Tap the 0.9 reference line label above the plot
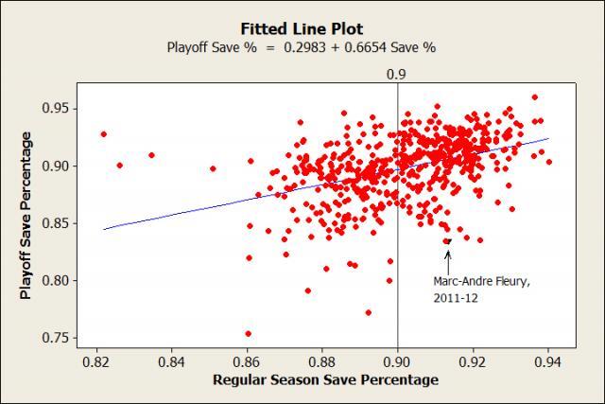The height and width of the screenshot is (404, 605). click(397, 72)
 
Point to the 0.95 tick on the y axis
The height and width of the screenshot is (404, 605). click(57, 108)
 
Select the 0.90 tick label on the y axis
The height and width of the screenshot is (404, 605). click(57, 166)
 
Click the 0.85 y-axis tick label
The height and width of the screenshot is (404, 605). click(57, 223)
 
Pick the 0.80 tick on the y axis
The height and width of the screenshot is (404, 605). click(57, 281)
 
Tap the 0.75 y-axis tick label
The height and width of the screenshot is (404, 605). click(57, 338)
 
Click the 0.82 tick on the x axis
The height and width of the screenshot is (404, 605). click(96, 360)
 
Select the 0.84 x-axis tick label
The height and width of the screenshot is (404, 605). click(171, 360)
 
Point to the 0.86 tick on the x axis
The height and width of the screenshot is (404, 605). click(247, 360)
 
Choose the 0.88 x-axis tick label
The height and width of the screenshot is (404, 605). click(322, 360)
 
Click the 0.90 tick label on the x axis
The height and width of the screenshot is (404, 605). click(397, 360)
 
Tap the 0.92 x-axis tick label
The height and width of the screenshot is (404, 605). click(473, 360)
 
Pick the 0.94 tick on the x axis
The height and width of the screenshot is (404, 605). click(548, 360)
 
